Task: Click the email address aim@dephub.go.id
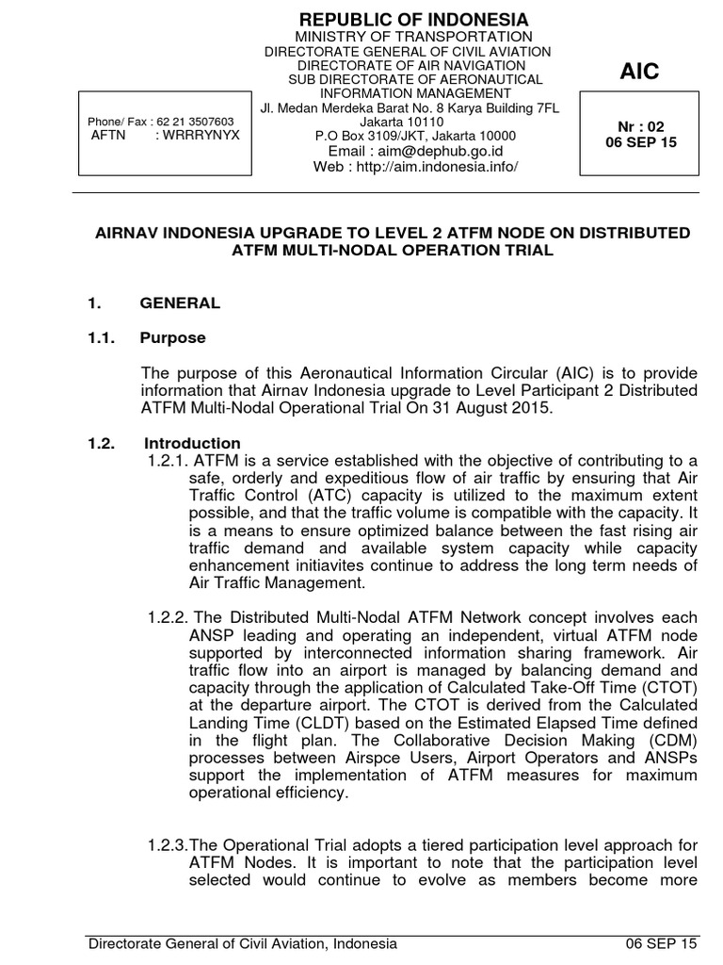point(415,151)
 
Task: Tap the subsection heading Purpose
point(172,337)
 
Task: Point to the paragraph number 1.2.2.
point(168,617)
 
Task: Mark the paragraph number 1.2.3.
point(168,845)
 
